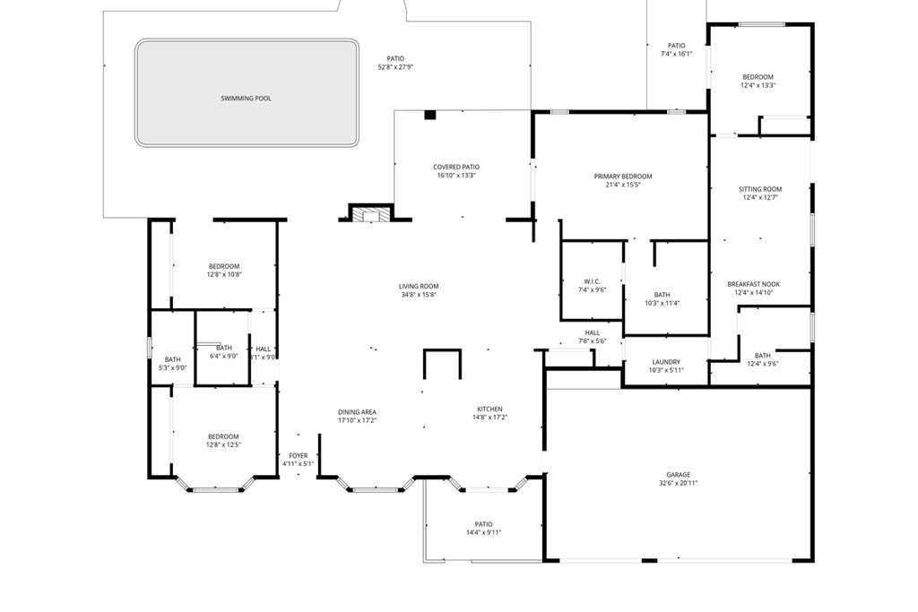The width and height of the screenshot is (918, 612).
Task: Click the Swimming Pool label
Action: click(246, 99)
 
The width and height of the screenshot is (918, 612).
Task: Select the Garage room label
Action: click(678, 475)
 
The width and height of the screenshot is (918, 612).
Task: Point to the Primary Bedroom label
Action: click(623, 177)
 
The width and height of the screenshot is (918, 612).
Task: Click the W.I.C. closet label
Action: click(593, 281)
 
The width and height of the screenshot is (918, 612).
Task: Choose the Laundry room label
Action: click(666, 362)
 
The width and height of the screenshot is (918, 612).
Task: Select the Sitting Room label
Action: click(760, 189)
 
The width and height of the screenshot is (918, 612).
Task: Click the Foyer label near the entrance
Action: click(298, 455)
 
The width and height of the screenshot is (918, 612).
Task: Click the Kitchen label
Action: click(489, 409)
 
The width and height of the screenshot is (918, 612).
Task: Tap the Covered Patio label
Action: click(456, 167)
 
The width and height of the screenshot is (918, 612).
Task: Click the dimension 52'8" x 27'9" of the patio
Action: click(395, 67)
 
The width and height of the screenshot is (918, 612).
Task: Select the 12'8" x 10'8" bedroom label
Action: click(224, 275)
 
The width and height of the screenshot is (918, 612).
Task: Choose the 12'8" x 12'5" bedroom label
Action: click(224, 444)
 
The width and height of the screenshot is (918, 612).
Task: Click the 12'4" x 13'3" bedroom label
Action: click(758, 86)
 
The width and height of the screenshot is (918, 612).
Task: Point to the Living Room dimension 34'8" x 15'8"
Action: click(419, 295)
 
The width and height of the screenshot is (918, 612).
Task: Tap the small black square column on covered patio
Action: click(429, 115)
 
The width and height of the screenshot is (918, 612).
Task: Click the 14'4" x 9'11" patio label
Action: click(483, 532)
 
